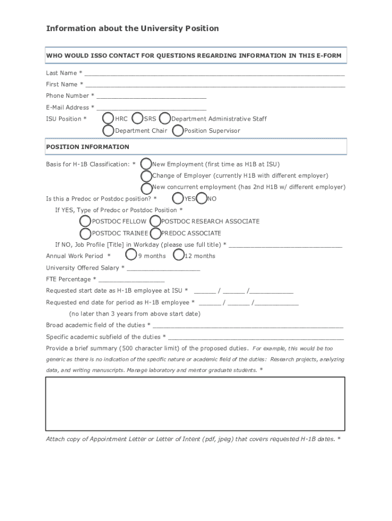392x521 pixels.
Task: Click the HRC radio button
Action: click(108, 119)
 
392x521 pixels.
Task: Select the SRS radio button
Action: click(137, 119)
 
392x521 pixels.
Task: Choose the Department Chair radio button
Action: click(108, 131)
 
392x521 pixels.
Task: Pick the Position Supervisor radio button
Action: click(178, 131)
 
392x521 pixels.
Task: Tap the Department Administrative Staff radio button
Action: click(164, 119)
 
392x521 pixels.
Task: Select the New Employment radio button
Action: click(146, 164)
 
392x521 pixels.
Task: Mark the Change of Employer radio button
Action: click(146, 176)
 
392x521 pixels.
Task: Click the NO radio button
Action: click(202, 198)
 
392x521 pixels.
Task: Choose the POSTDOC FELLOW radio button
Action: click(85, 221)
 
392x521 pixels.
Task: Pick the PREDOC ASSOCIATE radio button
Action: click(155, 233)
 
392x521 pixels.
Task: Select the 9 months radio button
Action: click(131, 255)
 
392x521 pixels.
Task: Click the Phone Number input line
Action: click(151, 97)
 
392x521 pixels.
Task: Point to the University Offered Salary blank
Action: click(163, 269)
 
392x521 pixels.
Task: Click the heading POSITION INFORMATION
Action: click(88, 147)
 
